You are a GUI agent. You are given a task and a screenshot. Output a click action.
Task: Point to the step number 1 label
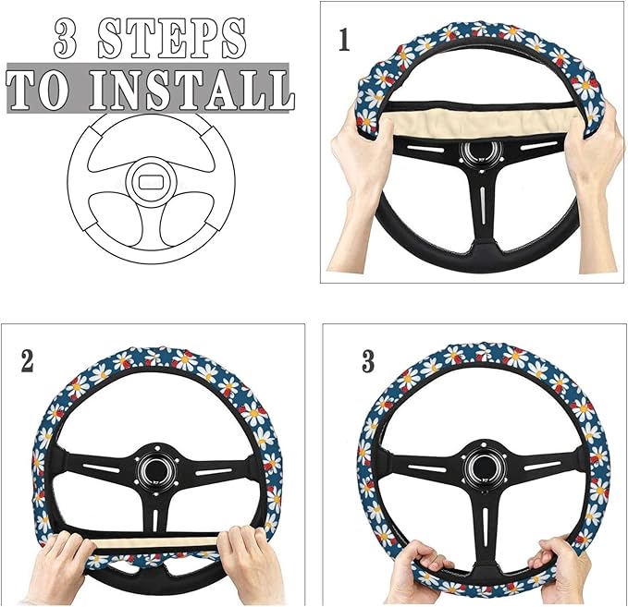pyautogui.click(x=344, y=42)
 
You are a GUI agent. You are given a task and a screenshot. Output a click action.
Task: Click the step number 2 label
pyautogui.click(x=27, y=360)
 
